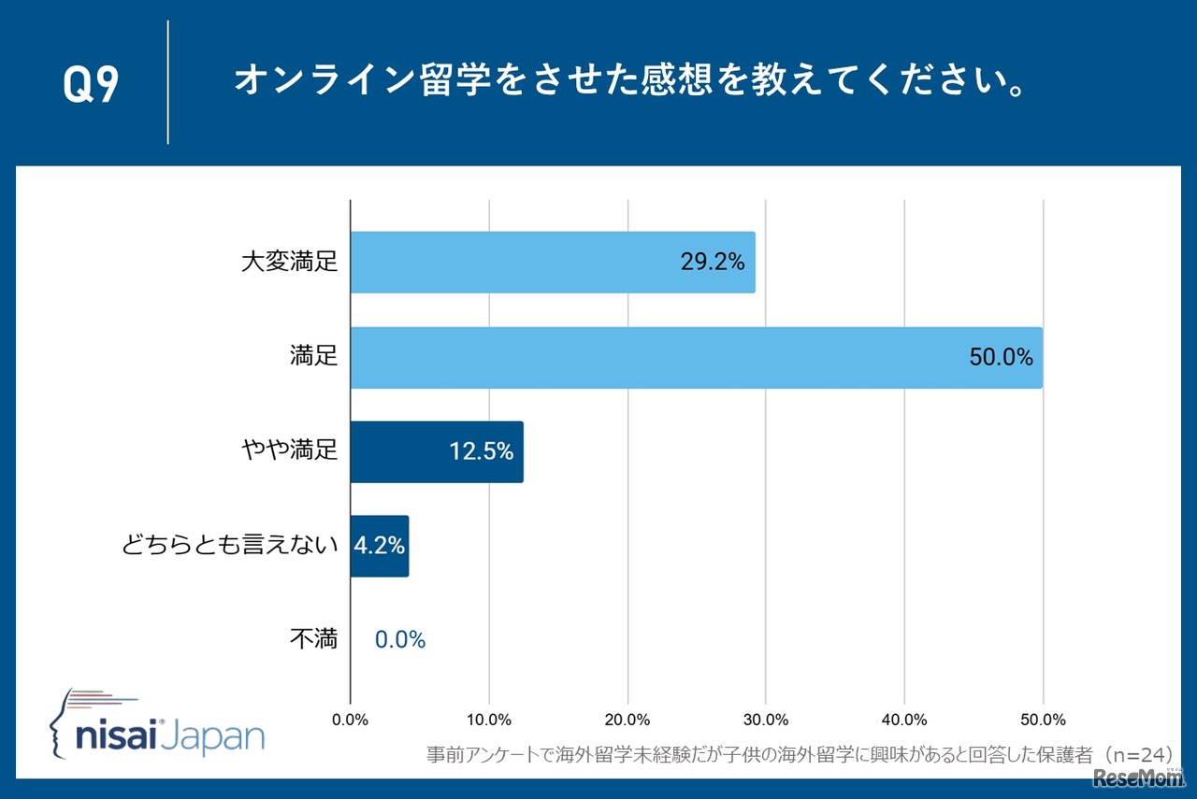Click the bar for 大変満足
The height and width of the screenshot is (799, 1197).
tap(552, 263)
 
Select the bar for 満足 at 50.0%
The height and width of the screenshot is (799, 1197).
tap(696, 357)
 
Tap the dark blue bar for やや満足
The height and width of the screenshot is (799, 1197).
tap(437, 451)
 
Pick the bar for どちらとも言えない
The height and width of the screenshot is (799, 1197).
tap(380, 546)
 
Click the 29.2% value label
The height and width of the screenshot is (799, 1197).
tap(713, 263)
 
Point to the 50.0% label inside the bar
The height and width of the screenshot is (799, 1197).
tap(1001, 357)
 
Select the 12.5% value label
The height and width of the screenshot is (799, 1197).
tap(482, 451)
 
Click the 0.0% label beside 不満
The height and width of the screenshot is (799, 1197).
tap(400, 640)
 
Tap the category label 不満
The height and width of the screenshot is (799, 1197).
tap(313, 640)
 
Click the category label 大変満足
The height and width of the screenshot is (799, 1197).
tap(289, 263)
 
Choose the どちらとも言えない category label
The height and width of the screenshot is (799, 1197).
tap(229, 546)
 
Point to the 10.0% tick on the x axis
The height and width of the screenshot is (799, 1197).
tap(488, 720)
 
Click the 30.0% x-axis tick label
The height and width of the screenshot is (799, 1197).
tap(766, 720)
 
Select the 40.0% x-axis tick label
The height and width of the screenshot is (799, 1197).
tap(904, 720)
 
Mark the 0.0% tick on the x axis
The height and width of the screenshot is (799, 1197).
tap(351, 720)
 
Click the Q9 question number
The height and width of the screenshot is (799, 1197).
tap(91, 84)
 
